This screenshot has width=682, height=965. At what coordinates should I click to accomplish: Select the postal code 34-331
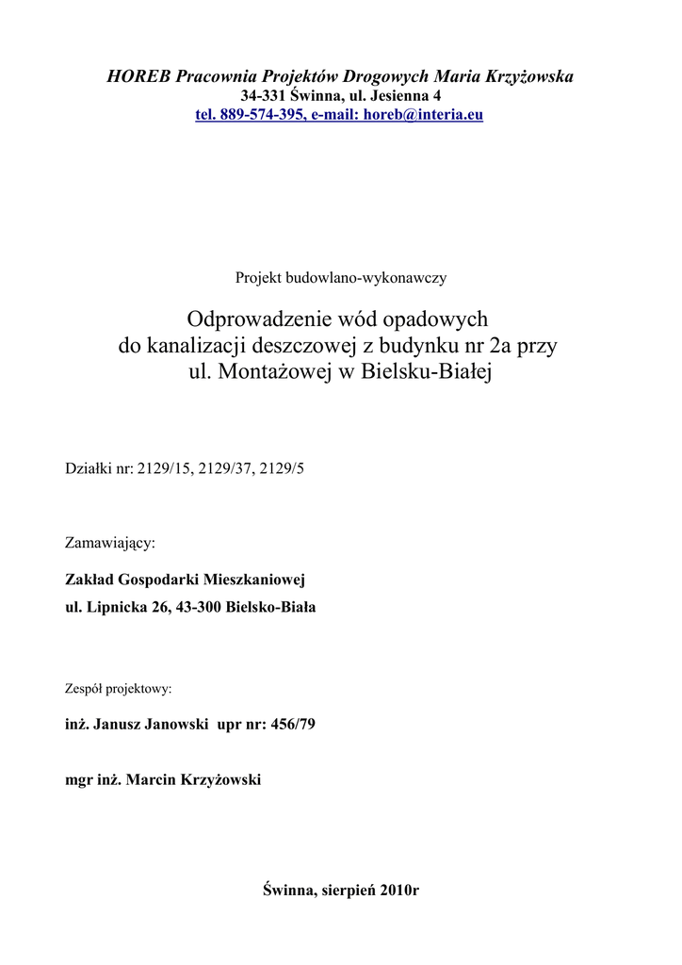tap(263, 96)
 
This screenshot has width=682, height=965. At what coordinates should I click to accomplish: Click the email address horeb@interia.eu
tap(423, 115)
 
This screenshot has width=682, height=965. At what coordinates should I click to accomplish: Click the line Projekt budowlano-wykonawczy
tap(340, 278)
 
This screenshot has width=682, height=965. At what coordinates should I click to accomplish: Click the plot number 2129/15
tap(166, 468)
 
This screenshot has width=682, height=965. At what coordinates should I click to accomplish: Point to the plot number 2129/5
tap(284, 468)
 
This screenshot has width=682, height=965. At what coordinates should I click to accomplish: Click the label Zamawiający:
tap(109, 544)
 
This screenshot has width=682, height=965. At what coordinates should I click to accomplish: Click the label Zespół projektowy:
tap(118, 689)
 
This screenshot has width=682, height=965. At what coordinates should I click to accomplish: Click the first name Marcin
tap(149, 780)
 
